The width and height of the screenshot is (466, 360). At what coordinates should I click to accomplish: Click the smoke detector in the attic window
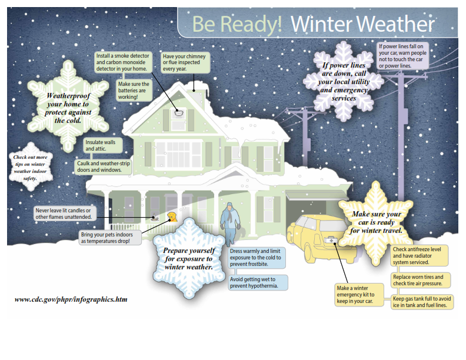pos(179,112)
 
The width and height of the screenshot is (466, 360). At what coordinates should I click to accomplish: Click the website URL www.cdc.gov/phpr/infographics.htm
pos(71,299)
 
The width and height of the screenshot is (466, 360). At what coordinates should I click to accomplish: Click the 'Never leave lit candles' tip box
pos(62,214)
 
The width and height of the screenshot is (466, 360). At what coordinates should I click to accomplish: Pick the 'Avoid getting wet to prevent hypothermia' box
pos(258,282)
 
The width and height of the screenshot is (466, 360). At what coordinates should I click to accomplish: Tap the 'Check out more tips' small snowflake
pos(31,167)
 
